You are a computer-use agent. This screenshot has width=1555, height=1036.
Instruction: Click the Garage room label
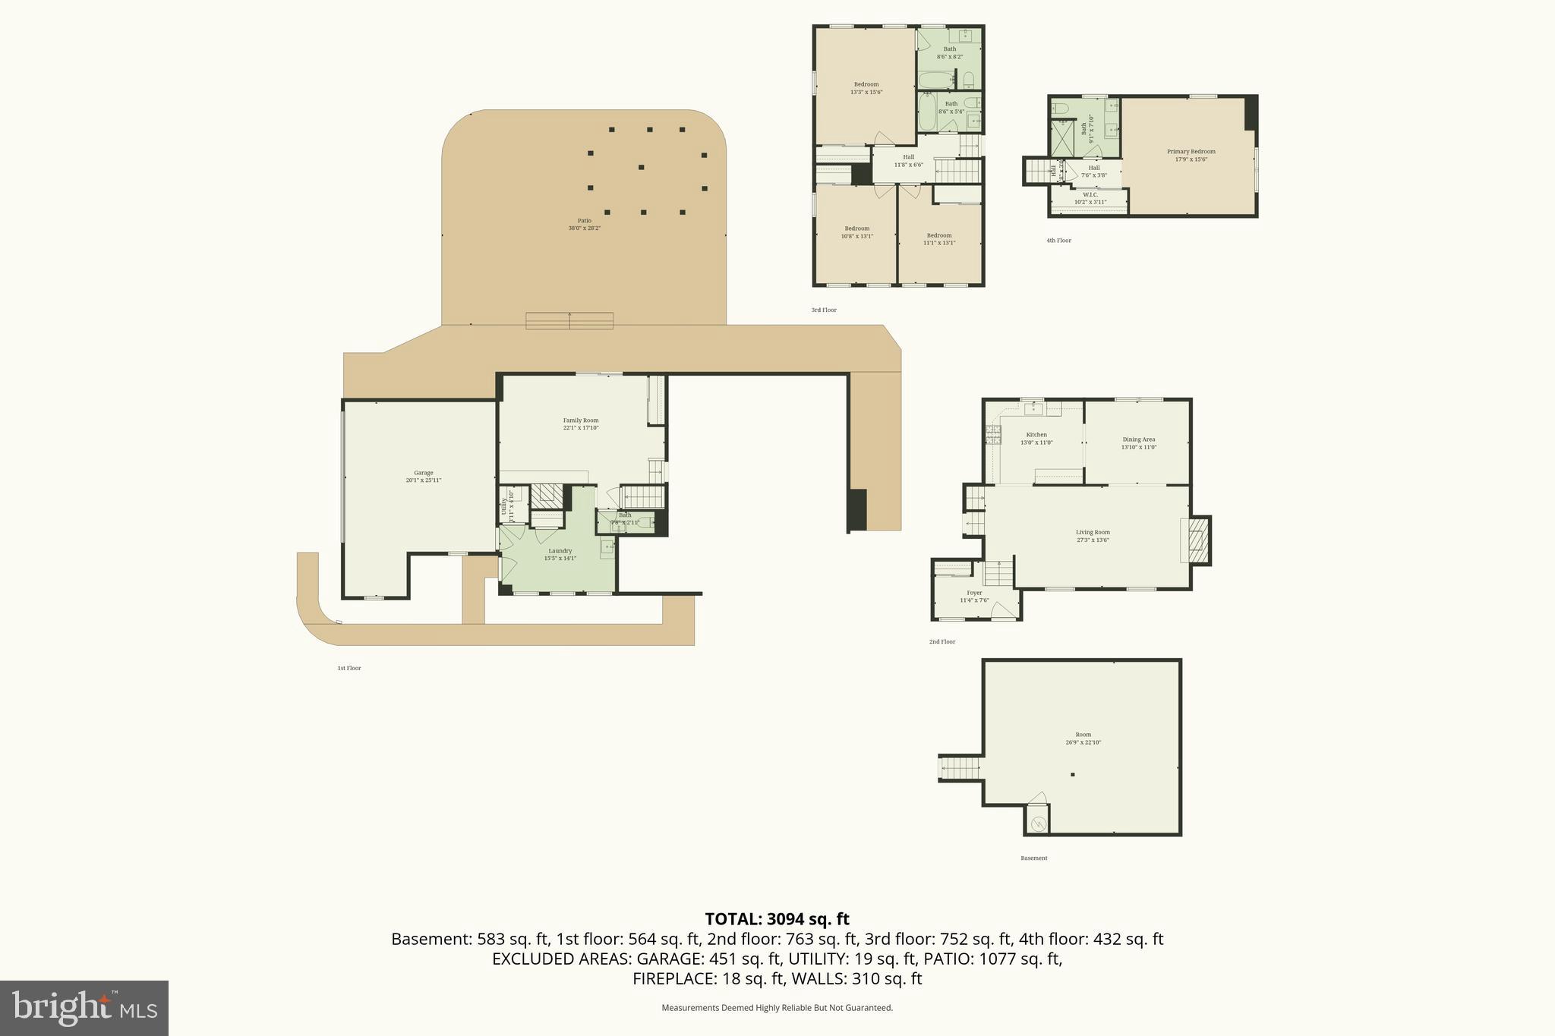coord(423,476)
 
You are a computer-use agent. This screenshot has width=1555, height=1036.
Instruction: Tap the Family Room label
coord(581,424)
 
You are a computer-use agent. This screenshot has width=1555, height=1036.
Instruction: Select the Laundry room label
coord(560,554)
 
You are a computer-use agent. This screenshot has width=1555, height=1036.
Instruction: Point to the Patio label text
coord(584,224)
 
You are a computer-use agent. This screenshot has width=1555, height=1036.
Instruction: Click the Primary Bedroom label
coord(1191,155)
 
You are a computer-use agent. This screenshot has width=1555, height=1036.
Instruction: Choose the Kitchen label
coord(1036,438)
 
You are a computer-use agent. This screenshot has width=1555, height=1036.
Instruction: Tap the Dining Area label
coord(1138,442)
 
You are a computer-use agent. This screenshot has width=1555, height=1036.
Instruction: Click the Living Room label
coord(1093,535)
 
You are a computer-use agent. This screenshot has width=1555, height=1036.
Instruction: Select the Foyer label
coord(974,596)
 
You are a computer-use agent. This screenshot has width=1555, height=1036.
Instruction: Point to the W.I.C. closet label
coord(1090,198)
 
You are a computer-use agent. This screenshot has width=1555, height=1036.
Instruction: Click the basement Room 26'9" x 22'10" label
coord(1083,738)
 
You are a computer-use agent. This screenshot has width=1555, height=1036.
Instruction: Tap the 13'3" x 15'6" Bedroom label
coord(866,87)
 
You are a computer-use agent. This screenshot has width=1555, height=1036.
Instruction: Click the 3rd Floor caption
coord(824,310)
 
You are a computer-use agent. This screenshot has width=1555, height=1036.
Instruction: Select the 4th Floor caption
coord(1058,241)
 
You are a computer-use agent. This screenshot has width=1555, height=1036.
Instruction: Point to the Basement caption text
coord(1033,858)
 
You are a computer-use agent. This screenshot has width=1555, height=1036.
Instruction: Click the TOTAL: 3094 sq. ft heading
coord(777,919)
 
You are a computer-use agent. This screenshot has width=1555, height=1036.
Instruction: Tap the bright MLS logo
coord(84,1008)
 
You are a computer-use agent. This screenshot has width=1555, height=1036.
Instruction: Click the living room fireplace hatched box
coord(1197,540)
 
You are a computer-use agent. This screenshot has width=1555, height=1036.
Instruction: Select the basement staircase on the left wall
coord(959,768)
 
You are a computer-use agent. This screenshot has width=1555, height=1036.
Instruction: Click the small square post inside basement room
coord(1073,775)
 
